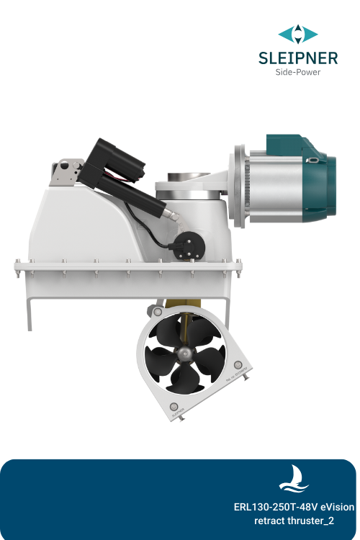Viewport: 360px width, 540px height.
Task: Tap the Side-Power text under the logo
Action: (x=298, y=72)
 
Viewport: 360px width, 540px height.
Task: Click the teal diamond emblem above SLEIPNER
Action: (x=298, y=34)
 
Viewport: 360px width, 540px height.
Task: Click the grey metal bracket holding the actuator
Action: (x=65, y=171)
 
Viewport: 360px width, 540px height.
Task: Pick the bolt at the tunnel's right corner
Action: (x=238, y=364)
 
